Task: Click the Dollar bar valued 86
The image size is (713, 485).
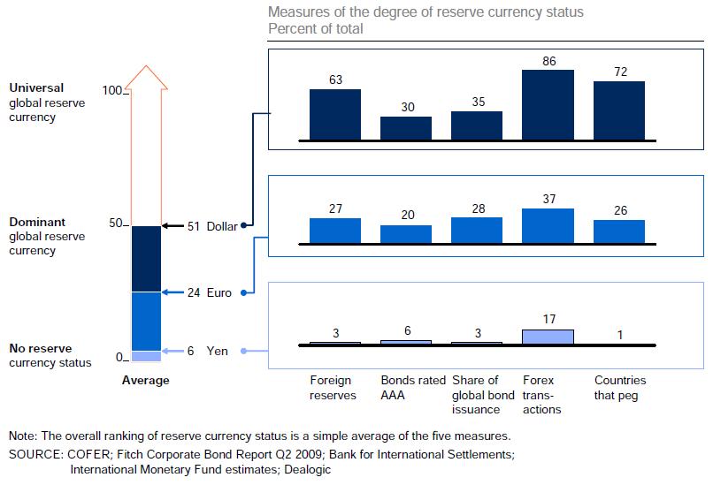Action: coord(548,105)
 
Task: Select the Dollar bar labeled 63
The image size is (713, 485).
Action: coord(334,115)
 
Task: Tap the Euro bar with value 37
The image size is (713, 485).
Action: coord(548,225)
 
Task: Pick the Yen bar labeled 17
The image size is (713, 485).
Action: coord(548,337)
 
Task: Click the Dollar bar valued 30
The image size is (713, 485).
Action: coord(406,128)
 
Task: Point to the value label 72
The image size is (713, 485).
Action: coord(618,72)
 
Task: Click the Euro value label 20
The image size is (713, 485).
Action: coord(406,215)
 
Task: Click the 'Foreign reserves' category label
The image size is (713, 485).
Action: coord(332,388)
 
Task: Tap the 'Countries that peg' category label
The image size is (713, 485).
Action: coord(619,388)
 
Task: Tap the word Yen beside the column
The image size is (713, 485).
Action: coord(217,351)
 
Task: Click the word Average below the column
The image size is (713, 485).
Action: coord(146,381)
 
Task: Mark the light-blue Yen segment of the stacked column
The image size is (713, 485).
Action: coord(146,356)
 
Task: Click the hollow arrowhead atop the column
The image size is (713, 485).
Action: coord(146,77)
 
